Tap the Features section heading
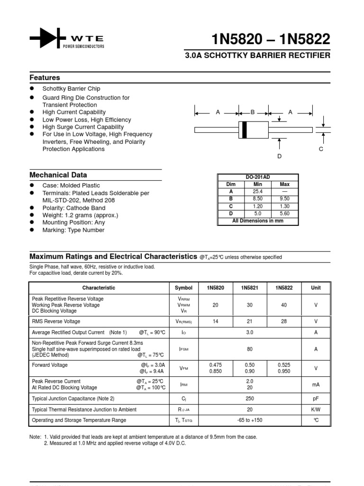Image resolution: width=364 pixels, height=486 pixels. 45,77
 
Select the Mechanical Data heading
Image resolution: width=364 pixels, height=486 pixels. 58,175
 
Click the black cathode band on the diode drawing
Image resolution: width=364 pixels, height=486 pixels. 245,130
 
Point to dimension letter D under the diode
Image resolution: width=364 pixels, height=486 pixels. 280,156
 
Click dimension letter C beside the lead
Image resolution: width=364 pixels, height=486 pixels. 321,149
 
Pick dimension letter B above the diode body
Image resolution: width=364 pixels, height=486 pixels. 253,112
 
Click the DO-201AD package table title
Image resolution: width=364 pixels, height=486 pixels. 258,177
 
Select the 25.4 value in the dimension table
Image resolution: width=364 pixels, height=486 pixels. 258,191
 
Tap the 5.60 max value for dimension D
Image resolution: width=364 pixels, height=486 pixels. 285,214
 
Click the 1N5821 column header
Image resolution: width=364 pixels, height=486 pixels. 250,288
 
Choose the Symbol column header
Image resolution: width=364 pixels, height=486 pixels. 183,288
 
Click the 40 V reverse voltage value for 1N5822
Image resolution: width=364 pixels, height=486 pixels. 284,305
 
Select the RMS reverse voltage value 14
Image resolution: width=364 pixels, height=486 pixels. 216,321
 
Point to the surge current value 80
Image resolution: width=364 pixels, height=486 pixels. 250,349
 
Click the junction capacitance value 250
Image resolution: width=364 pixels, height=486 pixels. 250,399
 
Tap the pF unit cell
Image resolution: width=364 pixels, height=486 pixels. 316,399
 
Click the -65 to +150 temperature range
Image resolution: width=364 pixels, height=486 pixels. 250,420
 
